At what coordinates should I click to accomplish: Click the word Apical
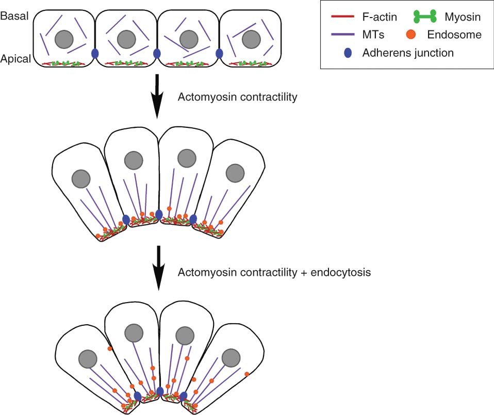pos(15,59)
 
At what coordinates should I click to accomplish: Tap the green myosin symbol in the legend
pos(421,18)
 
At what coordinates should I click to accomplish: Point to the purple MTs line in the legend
pos(341,35)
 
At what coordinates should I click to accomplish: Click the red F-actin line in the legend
pos(341,18)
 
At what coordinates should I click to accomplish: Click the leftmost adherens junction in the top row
pos(95,53)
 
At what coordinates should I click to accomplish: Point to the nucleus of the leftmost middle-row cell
pos(80,178)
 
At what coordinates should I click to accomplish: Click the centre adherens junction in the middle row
pos(159,213)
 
